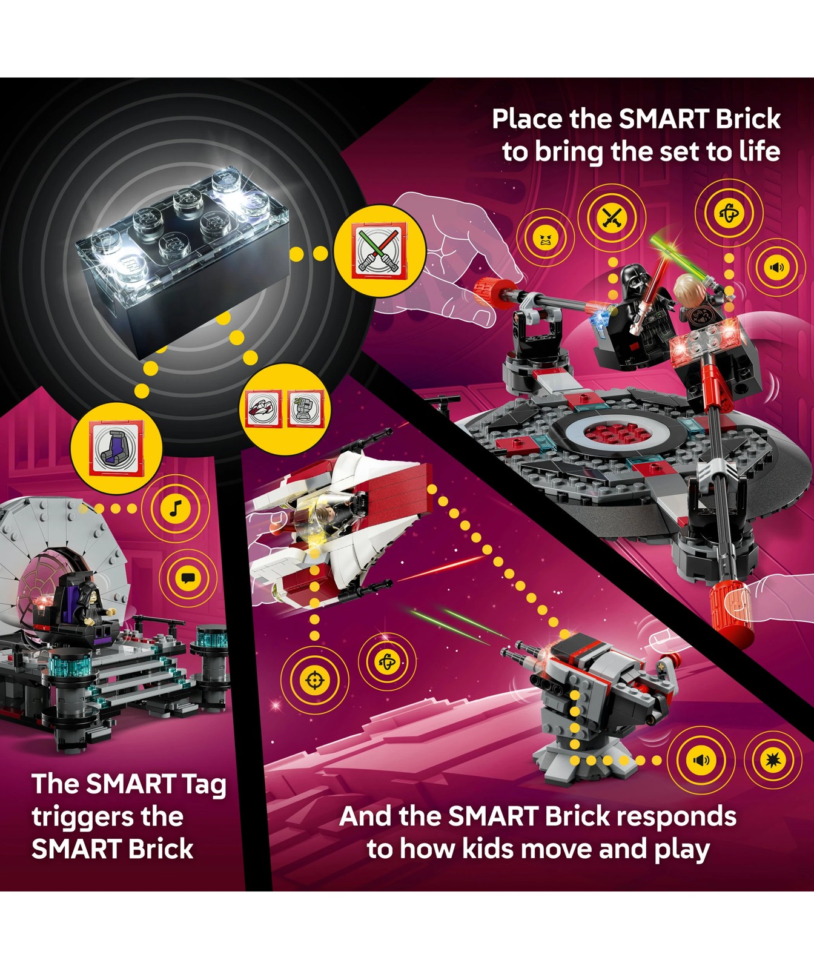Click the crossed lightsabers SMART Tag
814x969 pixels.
tap(380, 250)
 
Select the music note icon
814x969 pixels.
tap(175, 508)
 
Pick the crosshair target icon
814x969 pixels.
tap(315, 680)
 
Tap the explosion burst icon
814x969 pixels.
tap(772, 759)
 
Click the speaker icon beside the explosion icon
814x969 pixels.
tap(701, 760)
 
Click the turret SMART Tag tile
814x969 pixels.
tap(306, 408)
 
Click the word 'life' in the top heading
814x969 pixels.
tap(759, 151)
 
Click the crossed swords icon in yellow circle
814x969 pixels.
tap(612, 217)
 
